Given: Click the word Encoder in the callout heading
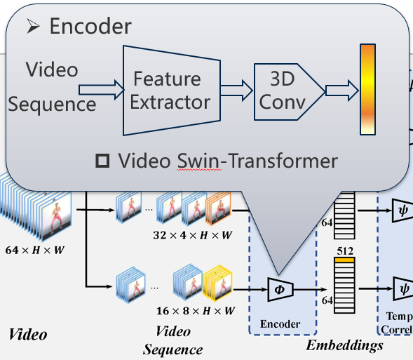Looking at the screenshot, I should (x=90, y=27).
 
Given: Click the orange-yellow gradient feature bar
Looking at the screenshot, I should (x=368, y=89).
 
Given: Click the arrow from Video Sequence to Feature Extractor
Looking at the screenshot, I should (x=100, y=89).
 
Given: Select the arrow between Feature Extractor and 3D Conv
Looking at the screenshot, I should (x=236, y=90).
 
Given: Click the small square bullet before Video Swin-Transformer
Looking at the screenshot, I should (x=102, y=161).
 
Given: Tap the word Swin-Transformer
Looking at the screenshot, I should (x=255, y=161).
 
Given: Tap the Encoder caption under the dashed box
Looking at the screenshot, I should (x=280, y=324).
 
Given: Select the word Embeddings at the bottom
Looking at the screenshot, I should (x=344, y=345).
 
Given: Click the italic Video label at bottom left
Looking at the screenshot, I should (x=28, y=334).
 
